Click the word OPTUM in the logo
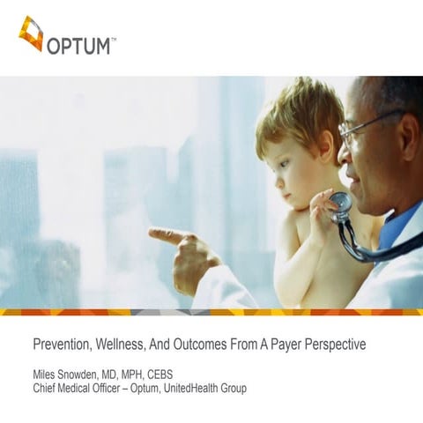coord(83,43)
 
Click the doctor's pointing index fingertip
coord(152,234)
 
